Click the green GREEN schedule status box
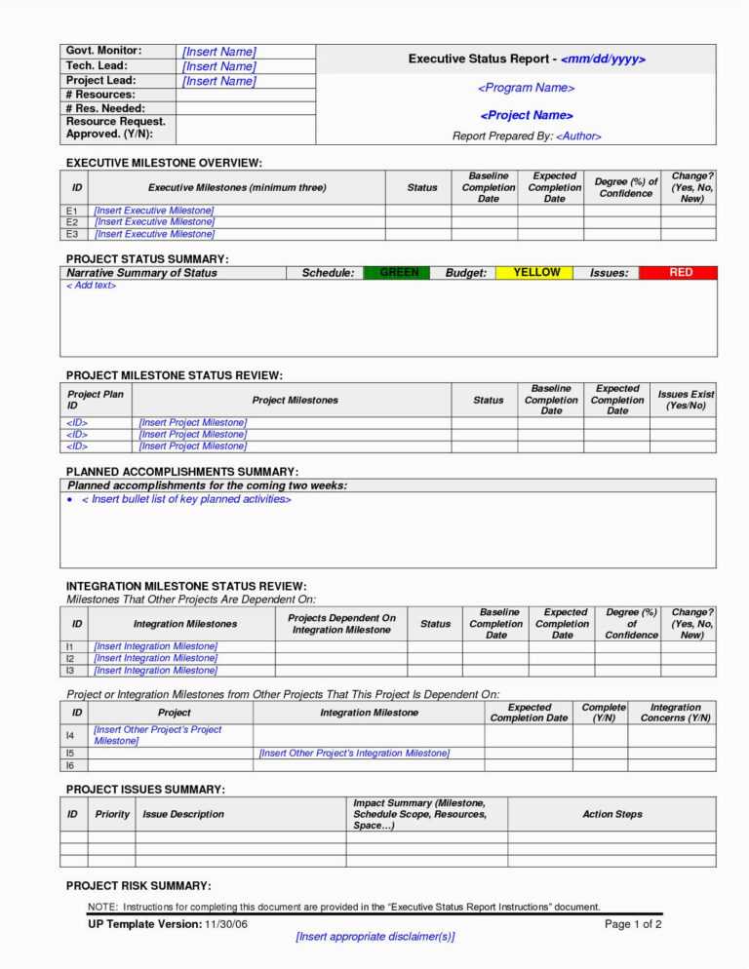tap(400, 273)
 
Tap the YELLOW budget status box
tap(536, 273)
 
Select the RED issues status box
tap(681, 273)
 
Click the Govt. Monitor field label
tap(103, 50)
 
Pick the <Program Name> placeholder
tap(526, 88)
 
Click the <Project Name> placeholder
tap(526, 115)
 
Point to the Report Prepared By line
tap(527, 136)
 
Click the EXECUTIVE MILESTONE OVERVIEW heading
tap(164, 163)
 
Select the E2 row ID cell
tap(72, 222)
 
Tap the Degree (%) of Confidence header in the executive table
tap(626, 187)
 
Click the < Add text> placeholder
tap(91, 286)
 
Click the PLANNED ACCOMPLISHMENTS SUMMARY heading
tap(181, 472)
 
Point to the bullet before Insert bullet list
tap(72, 500)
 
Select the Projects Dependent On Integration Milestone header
tap(341, 624)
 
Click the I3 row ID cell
tap(70, 671)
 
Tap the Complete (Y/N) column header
tap(604, 713)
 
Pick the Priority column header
tap(112, 814)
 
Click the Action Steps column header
tap(612, 814)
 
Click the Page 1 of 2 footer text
tap(633, 923)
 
